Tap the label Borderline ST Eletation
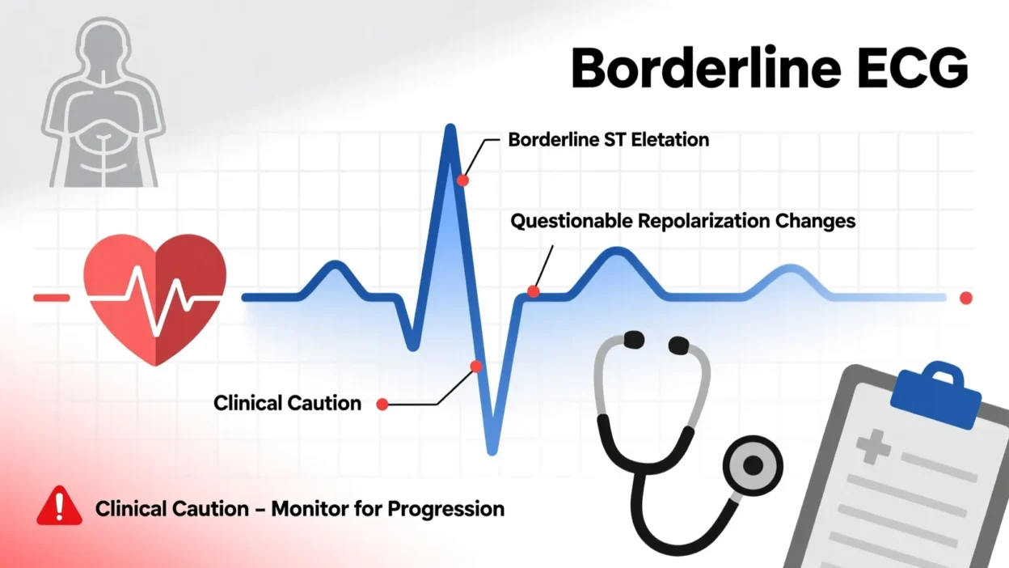608,139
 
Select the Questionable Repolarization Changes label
683,220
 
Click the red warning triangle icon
59,507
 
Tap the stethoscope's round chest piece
751,465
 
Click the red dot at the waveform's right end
965,298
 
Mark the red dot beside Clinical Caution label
382,403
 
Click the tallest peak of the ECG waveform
450,129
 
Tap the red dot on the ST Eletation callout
462,180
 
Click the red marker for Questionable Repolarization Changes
533,291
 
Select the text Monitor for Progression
387,509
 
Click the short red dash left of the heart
51,298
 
